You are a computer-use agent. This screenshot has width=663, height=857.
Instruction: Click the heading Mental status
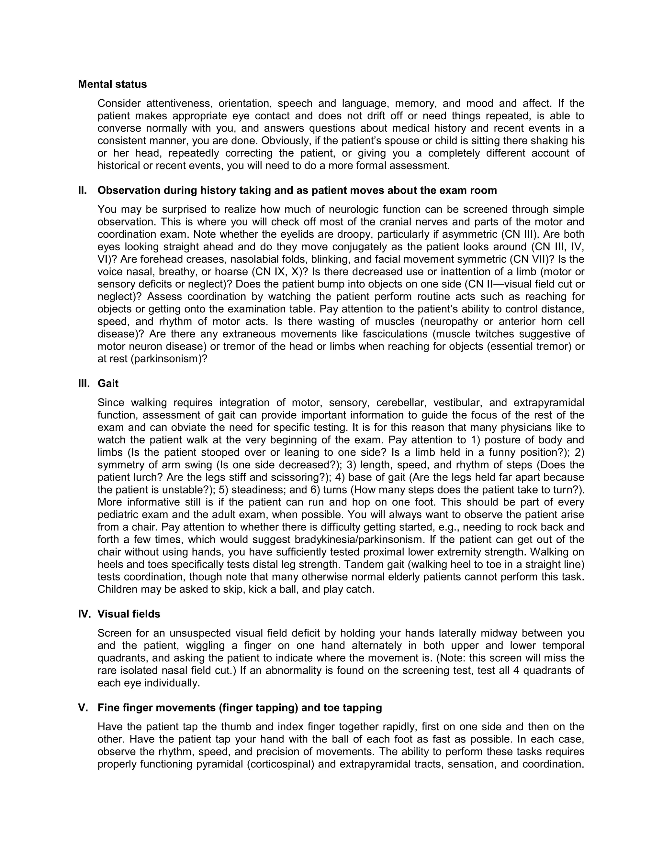tap(112, 84)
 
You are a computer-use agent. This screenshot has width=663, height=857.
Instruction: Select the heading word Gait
tap(108, 383)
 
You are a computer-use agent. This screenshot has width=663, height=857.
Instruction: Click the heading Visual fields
tap(129, 614)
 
